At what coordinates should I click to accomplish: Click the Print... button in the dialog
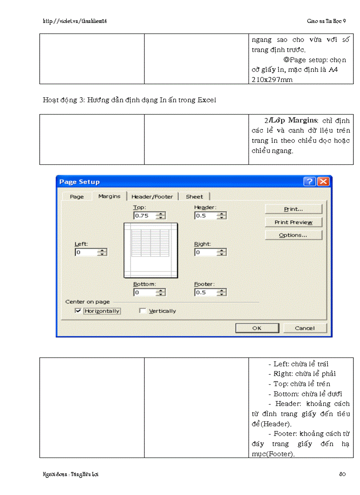pyautogui.click(x=293, y=209)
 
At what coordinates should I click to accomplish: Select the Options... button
pyautogui.click(x=293, y=235)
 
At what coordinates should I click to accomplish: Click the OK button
pyautogui.click(x=257, y=328)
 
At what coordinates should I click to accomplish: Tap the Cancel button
pyautogui.click(x=305, y=328)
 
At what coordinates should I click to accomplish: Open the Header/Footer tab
pyautogui.click(x=152, y=197)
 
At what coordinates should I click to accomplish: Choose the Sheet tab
pyautogui.click(x=195, y=197)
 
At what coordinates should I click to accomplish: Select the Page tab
pyautogui.click(x=77, y=197)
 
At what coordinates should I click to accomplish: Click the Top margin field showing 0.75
pyautogui.click(x=145, y=216)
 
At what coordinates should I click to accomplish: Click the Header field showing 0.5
pyautogui.click(x=206, y=216)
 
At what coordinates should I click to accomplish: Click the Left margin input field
pyautogui.click(x=86, y=252)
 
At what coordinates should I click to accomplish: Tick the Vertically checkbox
pyautogui.click(x=142, y=311)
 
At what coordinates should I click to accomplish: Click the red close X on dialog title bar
pyautogui.click(x=323, y=182)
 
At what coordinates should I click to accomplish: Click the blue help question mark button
pyautogui.click(x=310, y=182)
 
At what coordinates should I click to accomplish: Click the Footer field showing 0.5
pyautogui.click(x=206, y=292)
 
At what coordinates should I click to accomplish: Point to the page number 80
pyautogui.click(x=342, y=474)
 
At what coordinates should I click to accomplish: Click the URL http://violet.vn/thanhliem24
pyautogui.click(x=75, y=21)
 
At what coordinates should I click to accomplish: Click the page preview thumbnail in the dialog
pyautogui.click(x=151, y=250)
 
